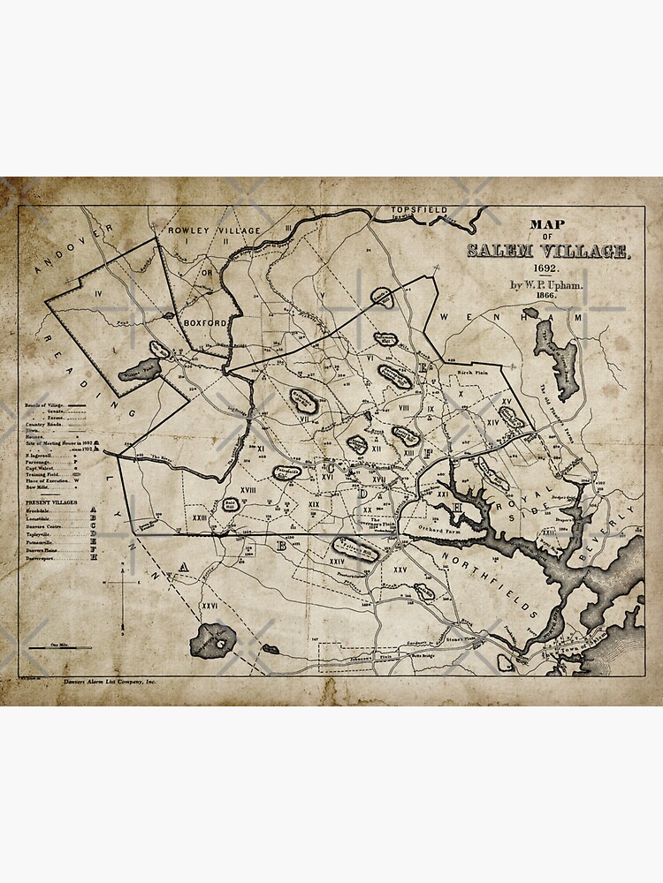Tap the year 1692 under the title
pyautogui.click(x=545, y=268)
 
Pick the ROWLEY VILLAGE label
pyautogui.click(x=214, y=230)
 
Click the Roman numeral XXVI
pyautogui.click(x=210, y=606)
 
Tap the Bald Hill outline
pyautogui.click(x=231, y=504)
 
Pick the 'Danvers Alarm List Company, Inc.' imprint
pyautogui.click(x=104, y=683)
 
